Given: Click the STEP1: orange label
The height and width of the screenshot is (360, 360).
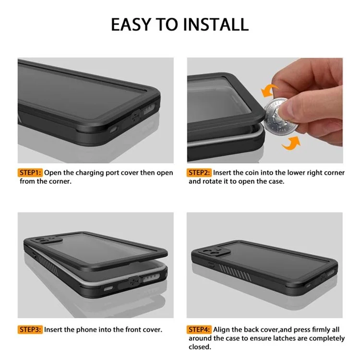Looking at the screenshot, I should point(31,172).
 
